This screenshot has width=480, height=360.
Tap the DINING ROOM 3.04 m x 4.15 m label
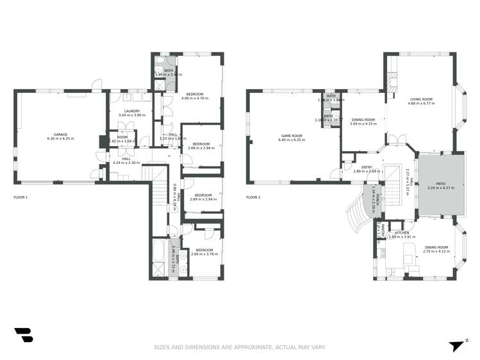click(363, 121)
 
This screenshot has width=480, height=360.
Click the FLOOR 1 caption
click(21, 197)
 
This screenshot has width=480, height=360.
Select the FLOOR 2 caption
click(253, 197)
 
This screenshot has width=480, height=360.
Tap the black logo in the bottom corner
click(23, 335)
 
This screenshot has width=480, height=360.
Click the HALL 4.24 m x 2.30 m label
click(126, 161)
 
